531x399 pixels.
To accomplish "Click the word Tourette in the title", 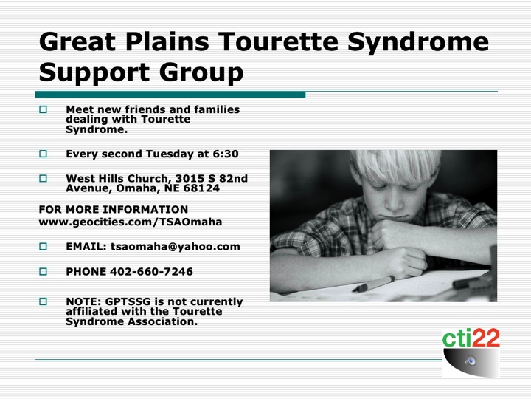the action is pos(278,41).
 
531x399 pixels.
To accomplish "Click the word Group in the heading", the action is pos(201,73).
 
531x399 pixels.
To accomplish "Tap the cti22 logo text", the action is pos(471,338).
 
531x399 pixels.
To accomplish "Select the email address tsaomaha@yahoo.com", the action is pos(175,247).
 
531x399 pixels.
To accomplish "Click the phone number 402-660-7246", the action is pos(151,272).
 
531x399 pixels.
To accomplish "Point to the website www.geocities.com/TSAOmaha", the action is pos(131,222).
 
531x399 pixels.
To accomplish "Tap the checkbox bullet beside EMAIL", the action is pos(43,246).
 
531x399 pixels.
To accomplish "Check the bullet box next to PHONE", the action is pos(43,271).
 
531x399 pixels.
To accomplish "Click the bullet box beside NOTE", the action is pos(43,301).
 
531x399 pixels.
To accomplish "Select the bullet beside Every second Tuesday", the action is pos(43,154).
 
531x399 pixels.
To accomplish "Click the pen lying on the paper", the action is pos(373,284).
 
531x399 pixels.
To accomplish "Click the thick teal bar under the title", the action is pos(170,95).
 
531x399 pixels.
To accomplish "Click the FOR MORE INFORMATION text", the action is pos(114,209).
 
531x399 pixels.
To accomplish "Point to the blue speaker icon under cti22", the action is pos(471,361).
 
